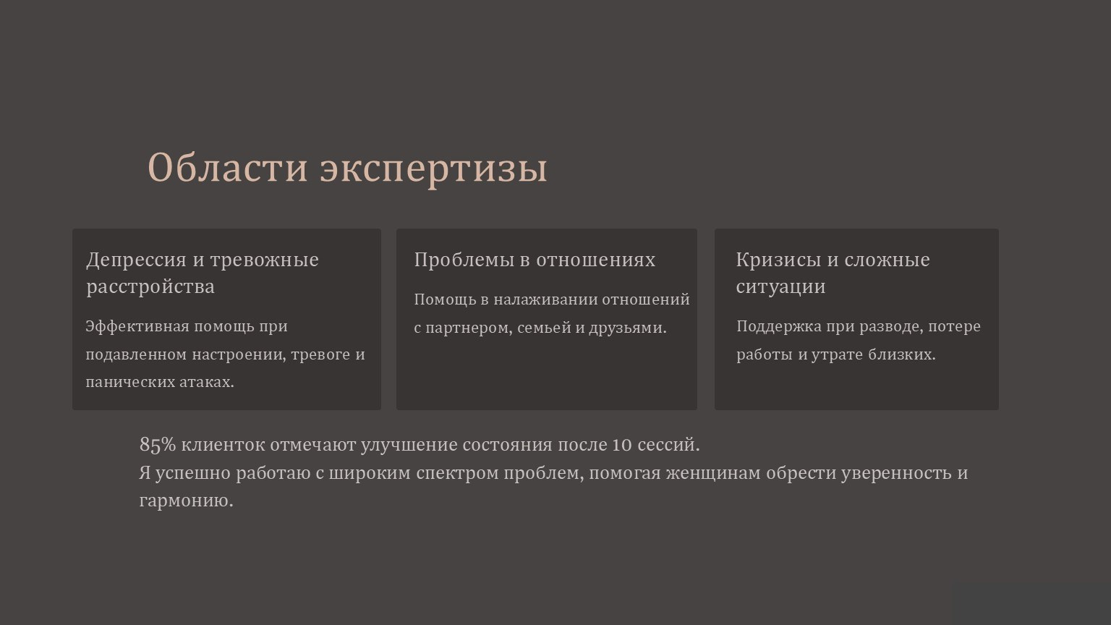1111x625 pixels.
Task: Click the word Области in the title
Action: point(228,168)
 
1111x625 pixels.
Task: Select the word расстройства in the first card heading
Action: point(150,286)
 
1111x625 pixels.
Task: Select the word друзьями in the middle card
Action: point(628,328)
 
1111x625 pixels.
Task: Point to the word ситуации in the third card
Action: point(780,286)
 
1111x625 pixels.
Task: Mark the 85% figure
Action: point(158,444)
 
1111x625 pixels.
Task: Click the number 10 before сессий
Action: point(622,444)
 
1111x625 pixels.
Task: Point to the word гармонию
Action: point(186,501)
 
